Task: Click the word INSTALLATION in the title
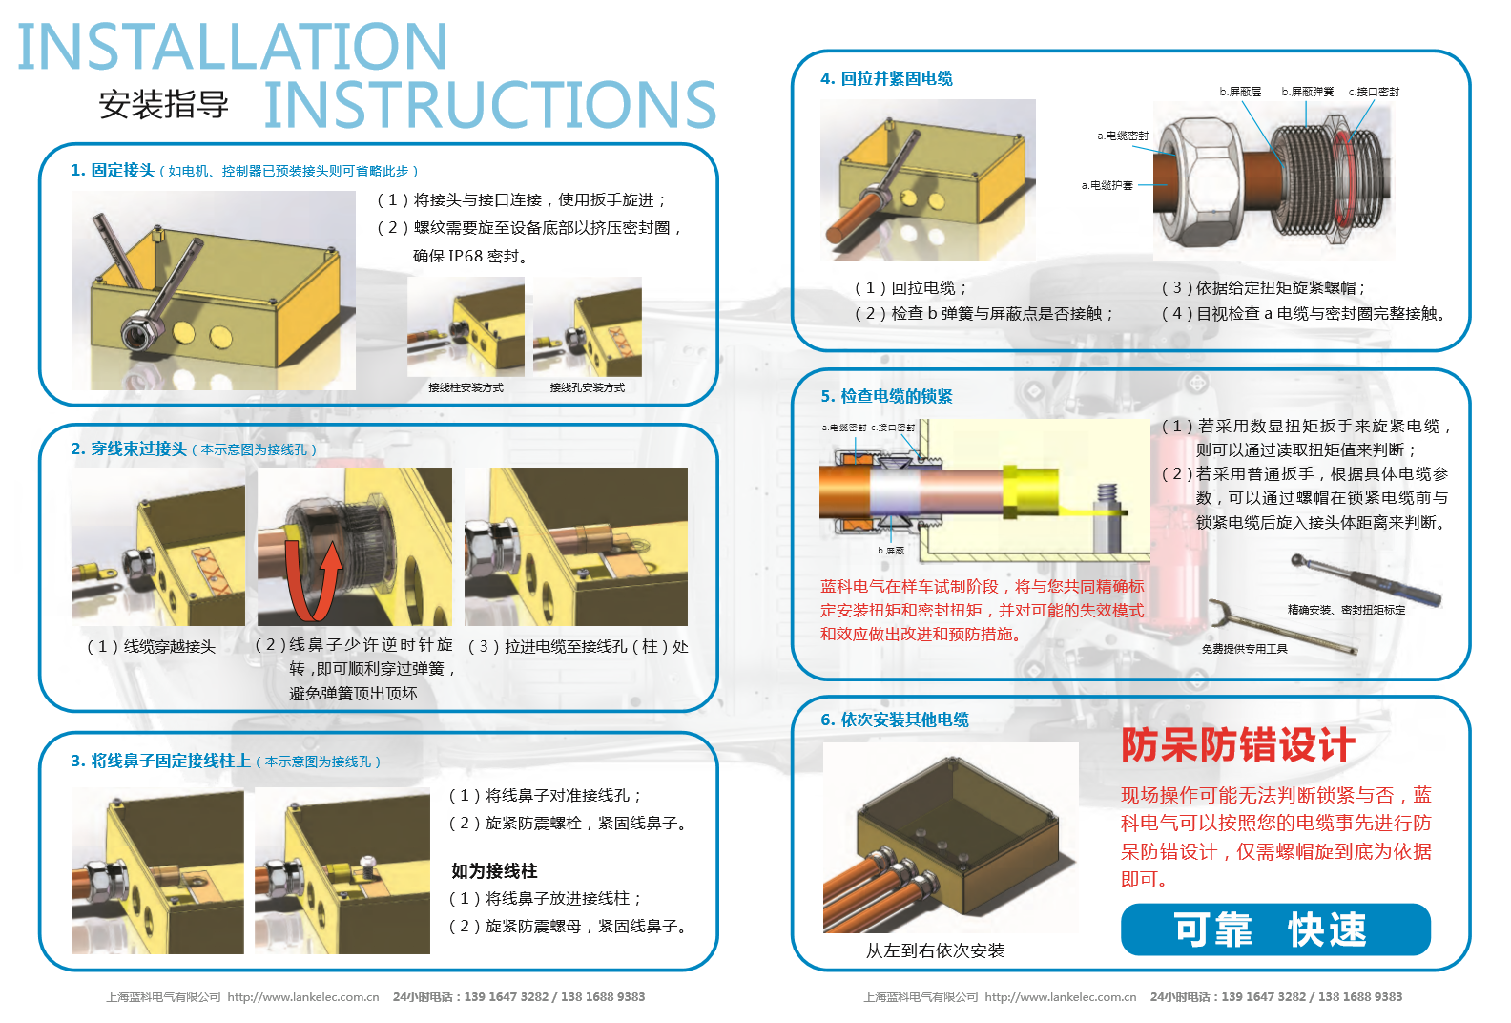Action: click(233, 47)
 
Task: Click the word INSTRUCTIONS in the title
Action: click(489, 104)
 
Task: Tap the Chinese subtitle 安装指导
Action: click(163, 104)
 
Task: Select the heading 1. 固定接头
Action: click(112, 170)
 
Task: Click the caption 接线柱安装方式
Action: click(466, 387)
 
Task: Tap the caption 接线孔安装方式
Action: click(587, 387)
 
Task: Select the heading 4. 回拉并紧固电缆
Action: click(886, 78)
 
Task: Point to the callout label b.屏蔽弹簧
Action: click(1307, 92)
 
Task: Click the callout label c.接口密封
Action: click(1374, 92)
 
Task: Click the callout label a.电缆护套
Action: click(1107, 185)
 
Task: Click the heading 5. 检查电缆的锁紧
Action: click(886, 396)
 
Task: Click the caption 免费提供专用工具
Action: click(1244, 649)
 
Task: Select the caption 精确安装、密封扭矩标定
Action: click(1346, 610)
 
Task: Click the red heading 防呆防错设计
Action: click(1237, 745)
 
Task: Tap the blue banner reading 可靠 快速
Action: click(1275, 929)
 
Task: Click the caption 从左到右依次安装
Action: click(935, 950)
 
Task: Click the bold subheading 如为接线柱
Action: click(494, 870)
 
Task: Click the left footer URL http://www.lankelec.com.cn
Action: click(303, 996)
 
